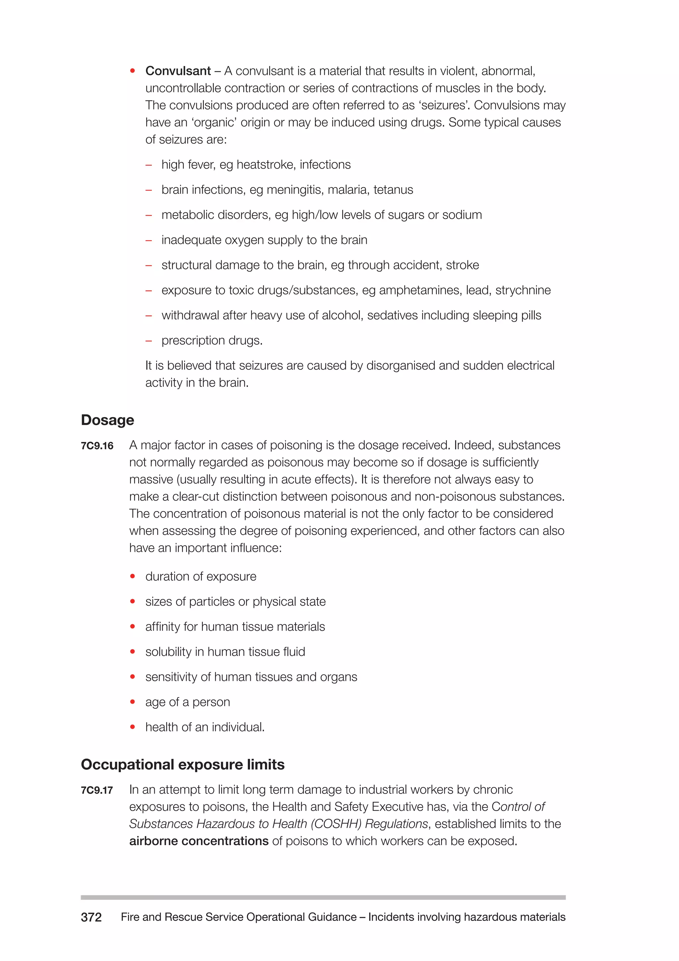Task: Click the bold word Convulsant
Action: pyautogui.click(x=178, y=71)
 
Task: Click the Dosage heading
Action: pyautogui.click(x=107, y=420)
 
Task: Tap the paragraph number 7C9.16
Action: pyautogui.click(x=97, y=446)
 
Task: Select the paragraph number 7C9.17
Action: pyautogui.click(x=97, y=790)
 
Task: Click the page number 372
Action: pyautogui.click(x=91, y=917)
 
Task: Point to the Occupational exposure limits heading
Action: pyautogui.click(x=182, y=764)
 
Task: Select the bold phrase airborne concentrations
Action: pyautogui.click(x=199, y=841)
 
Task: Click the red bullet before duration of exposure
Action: pyautogui.click(x=133, y=576)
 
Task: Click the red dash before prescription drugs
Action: pyautogui.click(x=149, y=341)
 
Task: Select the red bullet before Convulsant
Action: pyautogui.click(x=133, y=71)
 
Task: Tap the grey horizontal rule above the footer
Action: pyautogui.click(x=323, y=897)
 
